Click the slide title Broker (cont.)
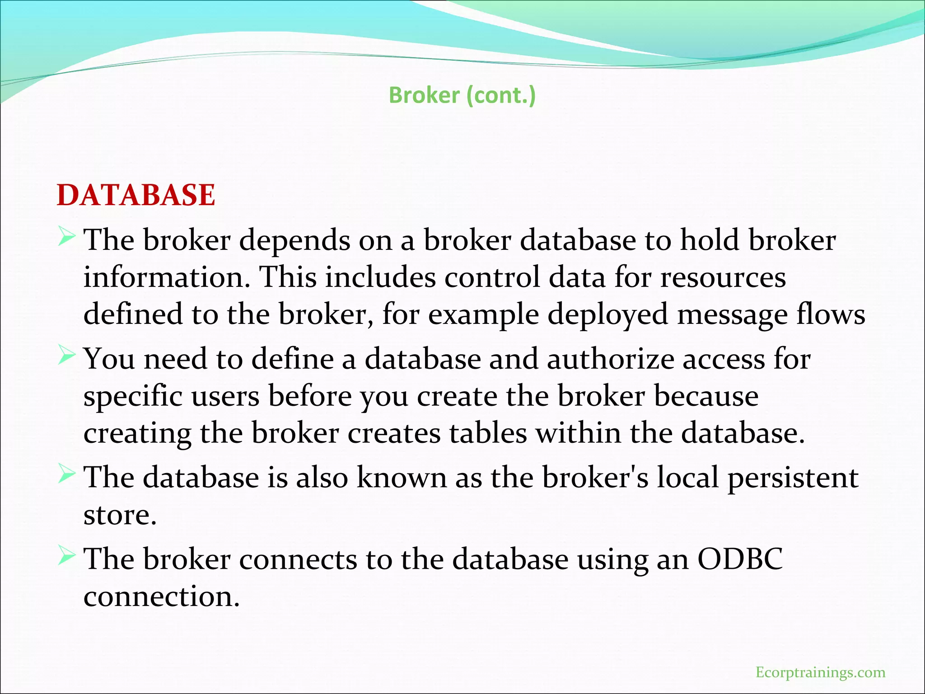[462, 95]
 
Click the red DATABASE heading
[136, 195]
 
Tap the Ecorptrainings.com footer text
[820, 672]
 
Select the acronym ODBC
[740, 559]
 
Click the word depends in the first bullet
[294, 240]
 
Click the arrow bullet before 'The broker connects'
[66, 556]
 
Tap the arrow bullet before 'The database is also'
[66, 474]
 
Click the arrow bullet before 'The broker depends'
[66, 237]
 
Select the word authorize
[610, 359]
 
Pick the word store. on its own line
[120, 515]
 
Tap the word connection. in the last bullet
[161, 596]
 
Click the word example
[483, 315]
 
